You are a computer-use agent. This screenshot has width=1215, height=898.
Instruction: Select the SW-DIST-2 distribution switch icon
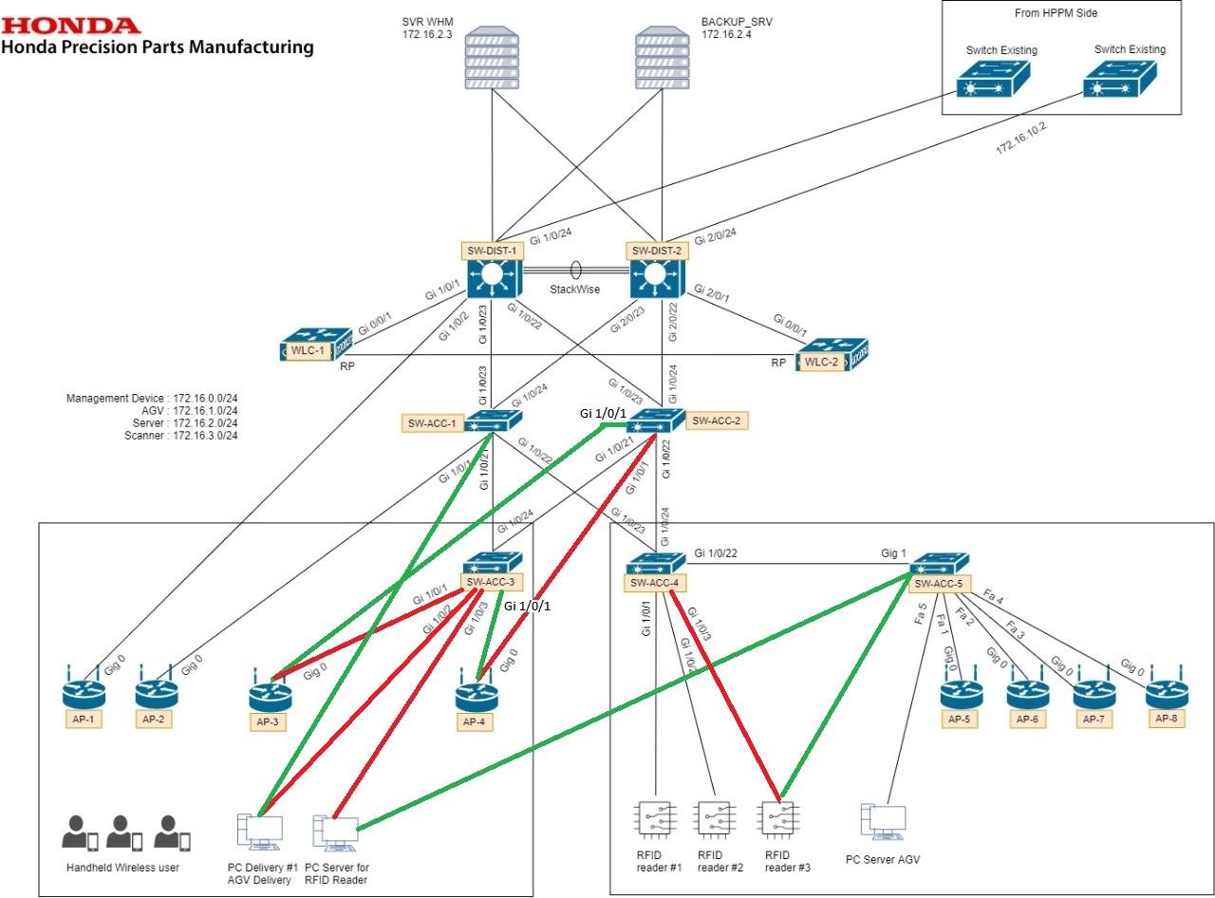click(654, 278)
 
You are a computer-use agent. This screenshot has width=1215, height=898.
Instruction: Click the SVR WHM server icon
click(492, 60)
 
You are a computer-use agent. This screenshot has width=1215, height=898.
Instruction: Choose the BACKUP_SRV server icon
click(662, 60)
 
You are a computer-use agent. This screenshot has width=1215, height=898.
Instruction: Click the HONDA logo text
click(71, 25)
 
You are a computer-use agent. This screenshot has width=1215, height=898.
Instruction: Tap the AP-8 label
click(1167, 718)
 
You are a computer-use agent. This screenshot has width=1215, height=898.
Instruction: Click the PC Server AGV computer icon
click(884, 823)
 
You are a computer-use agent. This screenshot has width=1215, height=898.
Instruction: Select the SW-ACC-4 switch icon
click(656, 562)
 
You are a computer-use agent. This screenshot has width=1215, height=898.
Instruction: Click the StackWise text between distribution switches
click(573, 288)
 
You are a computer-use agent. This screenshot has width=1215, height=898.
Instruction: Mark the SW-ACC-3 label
click(491, 582)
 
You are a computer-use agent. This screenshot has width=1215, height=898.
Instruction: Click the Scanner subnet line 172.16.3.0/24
click(180, 435)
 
